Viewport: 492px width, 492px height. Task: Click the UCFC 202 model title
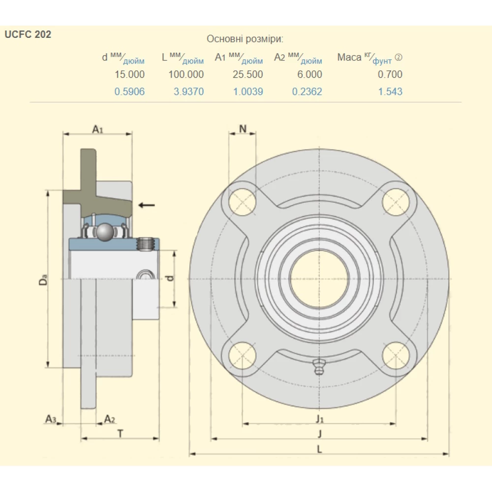coord(28,35)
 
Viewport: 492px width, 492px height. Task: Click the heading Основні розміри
coord(245,39)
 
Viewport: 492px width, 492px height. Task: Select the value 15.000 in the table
coord(129,74)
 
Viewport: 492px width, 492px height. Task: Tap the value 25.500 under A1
coord(247,74)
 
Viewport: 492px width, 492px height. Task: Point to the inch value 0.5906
coord(129,92)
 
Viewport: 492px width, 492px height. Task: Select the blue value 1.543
coord(390,92)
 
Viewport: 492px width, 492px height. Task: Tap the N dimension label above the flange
coord(243,129)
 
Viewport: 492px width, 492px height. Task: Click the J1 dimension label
coord(320,419)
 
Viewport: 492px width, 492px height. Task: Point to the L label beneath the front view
coord(319,449)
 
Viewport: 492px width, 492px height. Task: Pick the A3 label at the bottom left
coord(51,419)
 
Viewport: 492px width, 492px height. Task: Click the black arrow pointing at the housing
coord(146,205)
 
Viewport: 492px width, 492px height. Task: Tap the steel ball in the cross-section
coord(104,232)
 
